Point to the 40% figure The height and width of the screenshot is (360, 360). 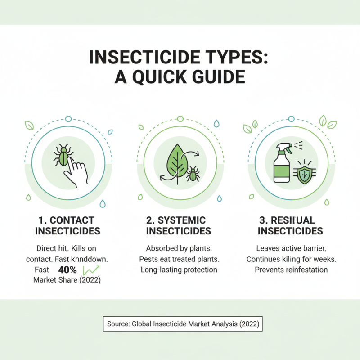[67, 270]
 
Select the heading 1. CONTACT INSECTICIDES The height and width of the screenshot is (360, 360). [66, 225]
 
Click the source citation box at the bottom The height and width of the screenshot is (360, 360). [182, 324]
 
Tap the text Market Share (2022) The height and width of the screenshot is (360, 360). [67, 279]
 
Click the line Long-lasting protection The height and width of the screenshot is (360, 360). [179, 270]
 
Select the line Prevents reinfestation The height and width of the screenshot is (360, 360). [291, 270]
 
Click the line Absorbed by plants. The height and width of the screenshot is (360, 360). [179, 248]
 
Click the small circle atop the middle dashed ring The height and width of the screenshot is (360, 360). [180, 119]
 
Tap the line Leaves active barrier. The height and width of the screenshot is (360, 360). [291, 248]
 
